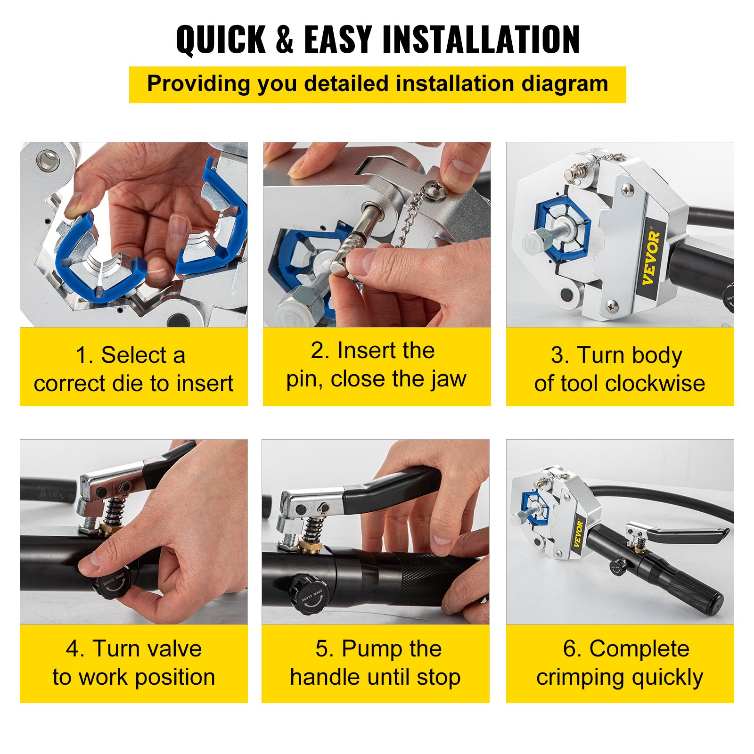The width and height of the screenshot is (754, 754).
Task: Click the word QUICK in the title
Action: coord(221,40)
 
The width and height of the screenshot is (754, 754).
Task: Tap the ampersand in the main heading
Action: coord(285,40)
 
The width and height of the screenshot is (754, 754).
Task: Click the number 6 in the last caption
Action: coord(569,649)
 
